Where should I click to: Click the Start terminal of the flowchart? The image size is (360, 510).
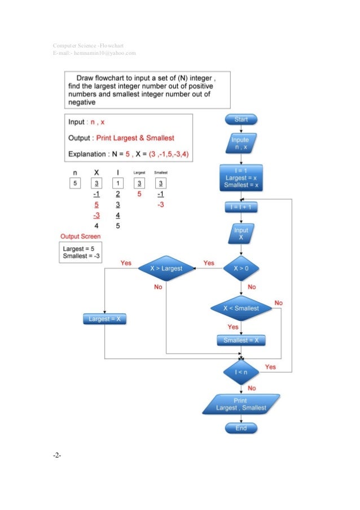241,119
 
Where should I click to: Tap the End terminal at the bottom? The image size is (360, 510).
241,429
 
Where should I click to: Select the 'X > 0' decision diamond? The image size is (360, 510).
241,268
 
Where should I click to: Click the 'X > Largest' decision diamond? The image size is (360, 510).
166,268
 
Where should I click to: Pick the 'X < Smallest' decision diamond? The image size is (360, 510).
241,308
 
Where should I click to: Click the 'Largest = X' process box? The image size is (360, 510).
106,319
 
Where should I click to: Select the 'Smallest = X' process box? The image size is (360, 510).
241,340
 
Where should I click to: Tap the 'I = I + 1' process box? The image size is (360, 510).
241,207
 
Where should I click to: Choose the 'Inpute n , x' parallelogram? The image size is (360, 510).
241,143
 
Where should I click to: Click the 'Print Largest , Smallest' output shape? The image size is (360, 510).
241,404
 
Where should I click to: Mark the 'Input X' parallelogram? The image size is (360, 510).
241,234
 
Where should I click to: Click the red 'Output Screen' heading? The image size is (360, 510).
81,236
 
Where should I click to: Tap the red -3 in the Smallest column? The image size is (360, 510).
161,204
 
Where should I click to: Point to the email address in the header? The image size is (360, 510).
94,53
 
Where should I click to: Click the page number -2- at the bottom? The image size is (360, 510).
57,456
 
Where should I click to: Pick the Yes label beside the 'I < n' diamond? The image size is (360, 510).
270,367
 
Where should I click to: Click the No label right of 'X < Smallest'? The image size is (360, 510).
278,303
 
